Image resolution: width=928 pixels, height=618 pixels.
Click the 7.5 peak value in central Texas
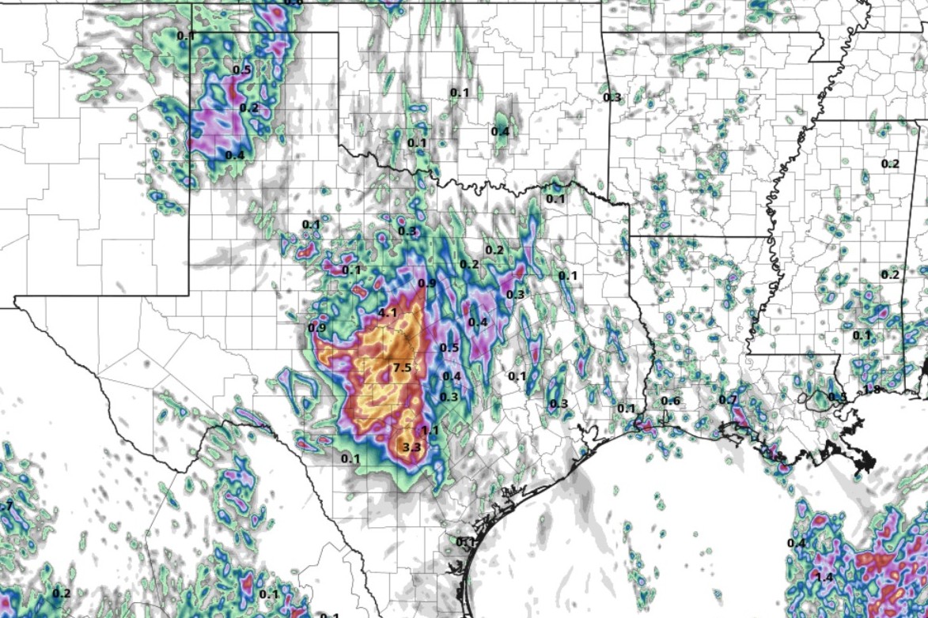402,367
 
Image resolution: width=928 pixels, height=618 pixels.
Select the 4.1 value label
388,313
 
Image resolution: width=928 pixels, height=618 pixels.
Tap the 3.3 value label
411,448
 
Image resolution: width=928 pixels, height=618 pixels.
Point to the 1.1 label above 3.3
430,431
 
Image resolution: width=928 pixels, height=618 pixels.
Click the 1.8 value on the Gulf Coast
872,390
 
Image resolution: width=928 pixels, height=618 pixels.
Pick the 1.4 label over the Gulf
824,578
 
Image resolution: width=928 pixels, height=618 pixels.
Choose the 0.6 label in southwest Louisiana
670,401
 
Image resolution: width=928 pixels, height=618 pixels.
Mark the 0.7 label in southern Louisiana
728,401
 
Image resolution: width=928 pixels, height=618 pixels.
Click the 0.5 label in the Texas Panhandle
241,70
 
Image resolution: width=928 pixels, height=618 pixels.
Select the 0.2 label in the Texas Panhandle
249,108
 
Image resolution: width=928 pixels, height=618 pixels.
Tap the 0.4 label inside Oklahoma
500,131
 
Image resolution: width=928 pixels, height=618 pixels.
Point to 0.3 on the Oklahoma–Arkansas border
612,98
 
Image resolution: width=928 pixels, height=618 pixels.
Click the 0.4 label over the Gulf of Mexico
797,543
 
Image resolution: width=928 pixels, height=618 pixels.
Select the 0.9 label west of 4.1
317,328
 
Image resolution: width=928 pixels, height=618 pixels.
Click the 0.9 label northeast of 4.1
427,284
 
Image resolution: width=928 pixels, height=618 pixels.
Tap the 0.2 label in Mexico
62,594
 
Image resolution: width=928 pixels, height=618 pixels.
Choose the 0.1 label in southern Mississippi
862,335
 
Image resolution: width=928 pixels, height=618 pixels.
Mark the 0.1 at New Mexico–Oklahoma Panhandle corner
186,36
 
